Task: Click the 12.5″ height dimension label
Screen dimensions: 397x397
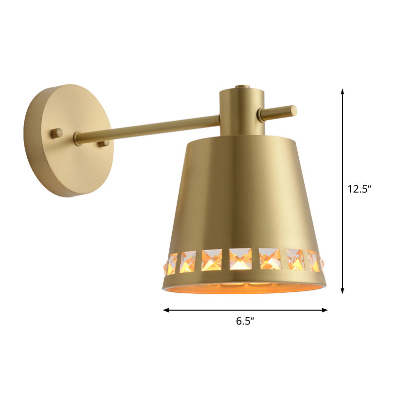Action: click(x=359, y=189)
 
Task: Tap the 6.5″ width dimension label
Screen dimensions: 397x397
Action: click(x=245, y=321)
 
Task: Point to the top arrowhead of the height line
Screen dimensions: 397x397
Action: click(x=342, y=91)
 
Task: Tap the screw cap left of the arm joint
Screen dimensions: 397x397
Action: click(x=57, y=132)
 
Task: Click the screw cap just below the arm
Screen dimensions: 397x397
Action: click(x=104, y=143)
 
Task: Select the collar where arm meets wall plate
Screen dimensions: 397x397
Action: click(x=77, y=138)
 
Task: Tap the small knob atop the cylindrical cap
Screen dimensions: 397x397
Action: click(x=242, y=87)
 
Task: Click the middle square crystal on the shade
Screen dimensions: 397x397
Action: click(x=240, y=259)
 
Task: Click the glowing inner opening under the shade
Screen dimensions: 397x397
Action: click(x=246, y=287)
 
